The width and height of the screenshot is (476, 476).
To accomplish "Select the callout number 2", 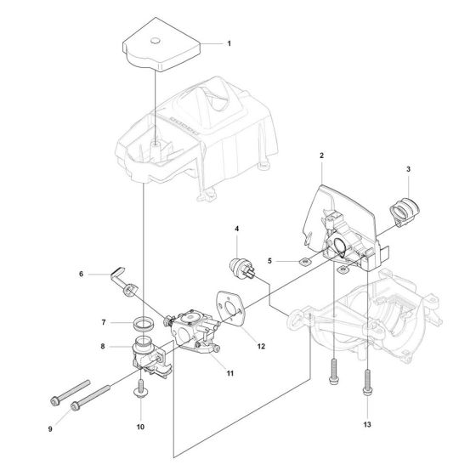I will [321, 156].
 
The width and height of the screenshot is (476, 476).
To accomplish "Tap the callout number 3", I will [408, 170].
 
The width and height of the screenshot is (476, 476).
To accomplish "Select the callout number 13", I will [366, 423].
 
